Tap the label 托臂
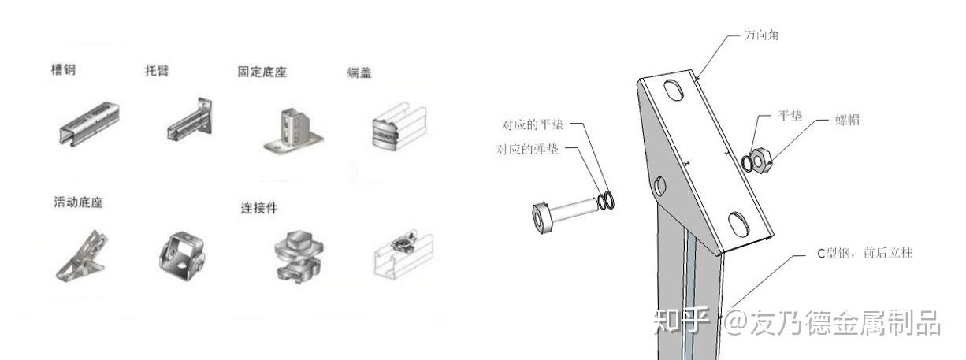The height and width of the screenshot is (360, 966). point(158,70)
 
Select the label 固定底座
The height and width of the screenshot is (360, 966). point(262,72)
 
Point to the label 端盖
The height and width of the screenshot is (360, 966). point(359,72)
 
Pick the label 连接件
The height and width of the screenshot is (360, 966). point(259,208)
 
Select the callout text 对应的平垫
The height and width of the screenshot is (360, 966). point(533,124)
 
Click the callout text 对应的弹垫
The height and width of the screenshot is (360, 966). point(528,150)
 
